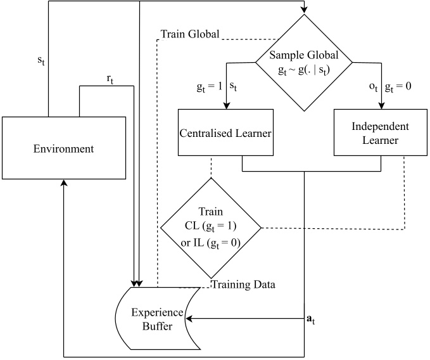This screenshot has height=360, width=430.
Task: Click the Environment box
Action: click(x=64, y=148)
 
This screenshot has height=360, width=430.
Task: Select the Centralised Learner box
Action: click(x=225, y=132)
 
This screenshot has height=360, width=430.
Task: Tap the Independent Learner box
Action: click(x=381, y=132)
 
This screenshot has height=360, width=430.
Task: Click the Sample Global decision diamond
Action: click(x=304, y=63)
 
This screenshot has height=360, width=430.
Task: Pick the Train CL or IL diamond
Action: click(x=211, y=228)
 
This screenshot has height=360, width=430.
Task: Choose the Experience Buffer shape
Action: click(x=158, y=319)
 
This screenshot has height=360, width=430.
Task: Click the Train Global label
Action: click(x=190, y=34)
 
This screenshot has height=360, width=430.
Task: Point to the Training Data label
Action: click(x=244, y=285)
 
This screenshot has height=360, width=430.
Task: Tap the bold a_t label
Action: click(x=310, y=319)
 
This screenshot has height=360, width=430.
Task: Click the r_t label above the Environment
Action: click(x=110, y=80)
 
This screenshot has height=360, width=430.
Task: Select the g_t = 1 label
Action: click(x=209, y=87)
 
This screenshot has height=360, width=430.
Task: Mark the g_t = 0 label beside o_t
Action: click(x=398, y=87)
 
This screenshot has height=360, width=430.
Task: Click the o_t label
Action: click(x=374, y=87)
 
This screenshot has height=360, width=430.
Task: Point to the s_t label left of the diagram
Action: click(x=41, y=60)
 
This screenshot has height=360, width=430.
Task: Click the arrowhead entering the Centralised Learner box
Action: click(x=226, y=106)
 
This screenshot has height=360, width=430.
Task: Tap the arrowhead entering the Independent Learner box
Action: click(x=381, y=106)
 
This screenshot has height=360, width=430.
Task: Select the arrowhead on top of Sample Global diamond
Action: click(x=304, y=10)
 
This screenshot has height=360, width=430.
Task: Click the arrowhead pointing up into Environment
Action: click(x=64, y=183)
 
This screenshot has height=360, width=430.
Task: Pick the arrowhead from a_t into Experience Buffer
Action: click(x=189, y=319)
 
